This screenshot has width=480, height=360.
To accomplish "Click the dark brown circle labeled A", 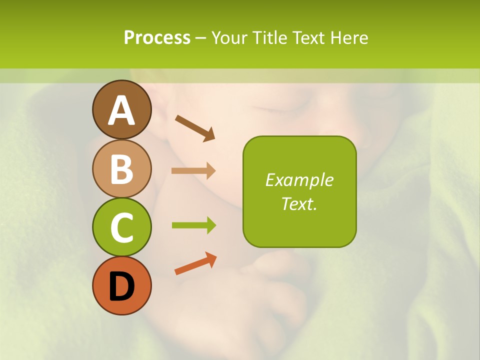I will (121, 109).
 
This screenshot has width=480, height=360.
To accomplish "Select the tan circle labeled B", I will (121, 168).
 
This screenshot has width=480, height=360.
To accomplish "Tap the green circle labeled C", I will (121, 227).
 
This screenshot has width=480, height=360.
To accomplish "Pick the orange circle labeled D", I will (121, 285).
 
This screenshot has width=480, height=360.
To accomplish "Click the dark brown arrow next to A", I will (195, 127).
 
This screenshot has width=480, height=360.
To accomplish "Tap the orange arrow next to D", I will (195, 263).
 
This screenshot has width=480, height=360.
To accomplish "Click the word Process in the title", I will (157, 38).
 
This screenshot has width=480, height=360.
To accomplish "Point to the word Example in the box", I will (299, 180).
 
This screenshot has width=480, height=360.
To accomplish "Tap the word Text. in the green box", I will (299, 203).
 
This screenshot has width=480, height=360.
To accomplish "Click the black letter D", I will (121, 286).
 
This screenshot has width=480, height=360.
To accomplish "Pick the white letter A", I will (121, 110).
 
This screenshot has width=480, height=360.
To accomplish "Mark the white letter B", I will (121, 169).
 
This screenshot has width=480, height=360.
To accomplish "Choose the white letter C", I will (121, 227).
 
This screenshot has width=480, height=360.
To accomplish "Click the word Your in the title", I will (230, 38).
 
